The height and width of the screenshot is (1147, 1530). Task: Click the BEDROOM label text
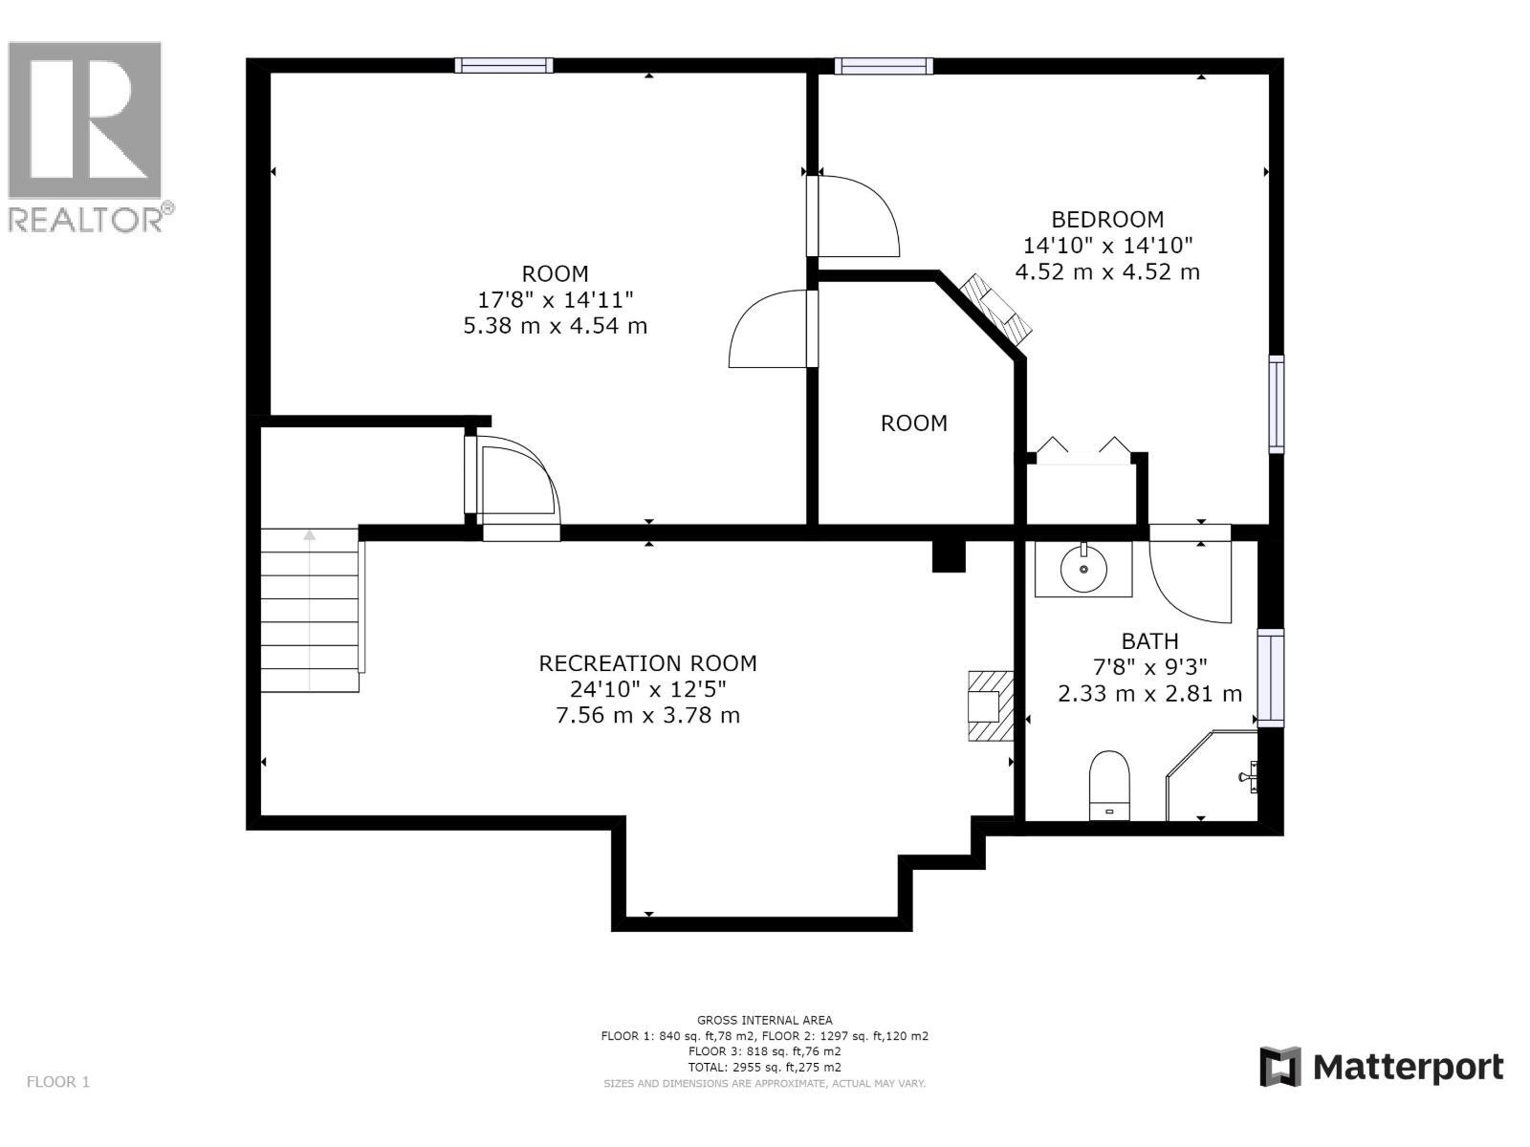point(1107,219)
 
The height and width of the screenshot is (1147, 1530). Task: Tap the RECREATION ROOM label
point(647,663)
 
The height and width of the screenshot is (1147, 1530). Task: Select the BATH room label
point(1149,641)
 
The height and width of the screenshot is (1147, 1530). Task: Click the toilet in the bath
point(1109,785)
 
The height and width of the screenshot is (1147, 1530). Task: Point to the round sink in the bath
point(1083,569)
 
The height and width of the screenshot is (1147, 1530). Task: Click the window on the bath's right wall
point(1270,678)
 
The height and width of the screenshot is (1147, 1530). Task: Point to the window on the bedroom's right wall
point(1277,403)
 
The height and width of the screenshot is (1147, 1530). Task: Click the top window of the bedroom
point(883,66)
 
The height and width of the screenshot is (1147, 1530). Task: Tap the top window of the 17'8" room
point(503,65)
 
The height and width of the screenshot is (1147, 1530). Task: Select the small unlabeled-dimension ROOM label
point(913,423)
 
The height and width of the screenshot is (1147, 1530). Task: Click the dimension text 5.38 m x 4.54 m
point(555,326)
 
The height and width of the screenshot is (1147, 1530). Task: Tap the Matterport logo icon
point(1280,1067)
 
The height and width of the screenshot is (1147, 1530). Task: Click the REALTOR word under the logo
point(86,220)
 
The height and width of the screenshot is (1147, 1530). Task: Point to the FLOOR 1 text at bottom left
point(57,1082)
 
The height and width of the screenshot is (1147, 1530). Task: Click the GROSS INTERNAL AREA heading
point(764,1020)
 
